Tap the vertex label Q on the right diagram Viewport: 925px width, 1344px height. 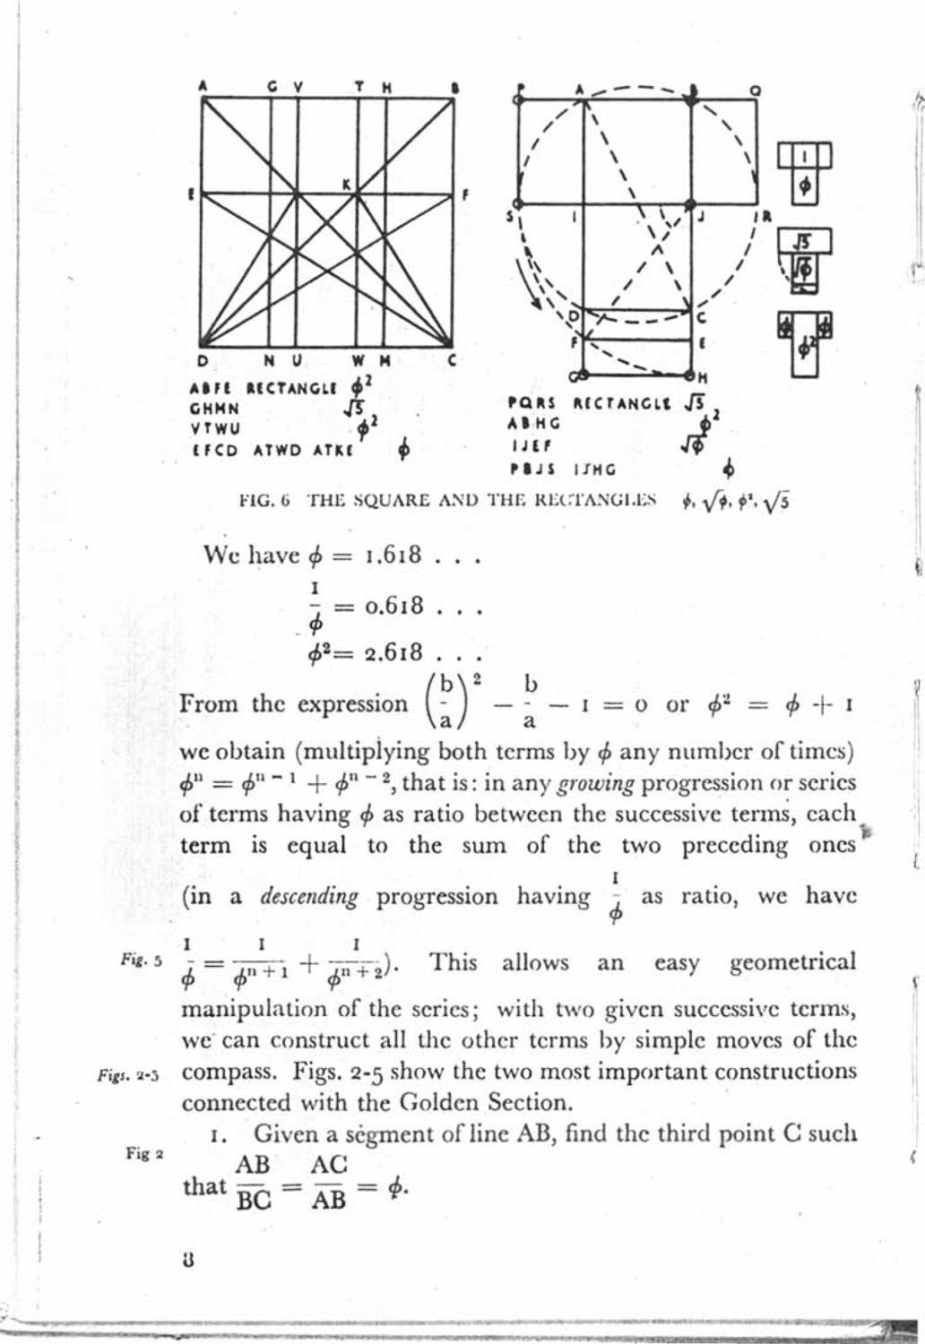pos(755,90)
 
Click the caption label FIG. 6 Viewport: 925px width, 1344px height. pos(263,502)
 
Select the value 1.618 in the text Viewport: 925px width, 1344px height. pos(394,555)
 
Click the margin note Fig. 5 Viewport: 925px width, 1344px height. pos(141,960)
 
